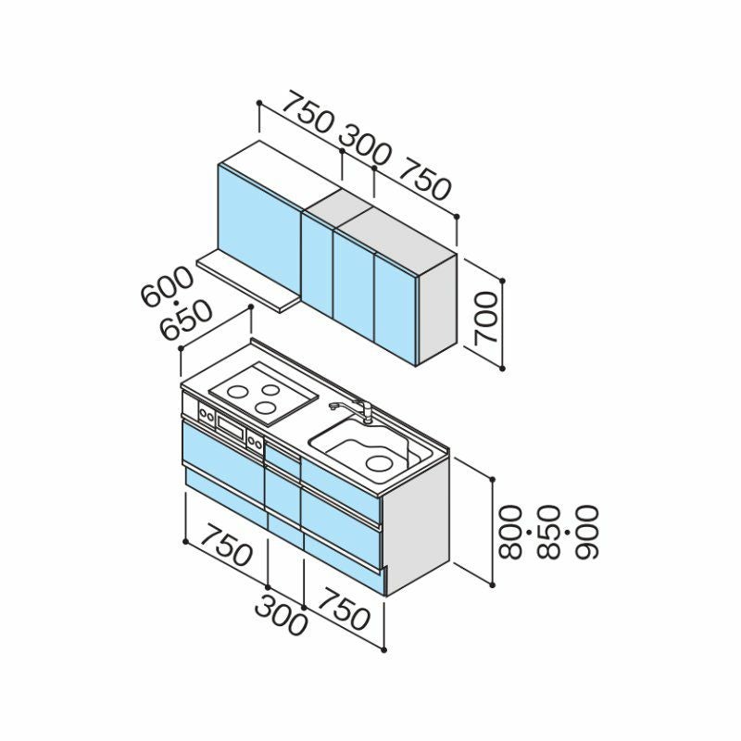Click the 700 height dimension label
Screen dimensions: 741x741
(x=486, y=318)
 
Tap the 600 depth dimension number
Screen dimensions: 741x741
(x=168, y=287)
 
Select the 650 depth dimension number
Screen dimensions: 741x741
(x=186, y=320)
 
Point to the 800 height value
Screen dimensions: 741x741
(x=509, y=532)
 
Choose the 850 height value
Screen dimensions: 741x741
(x=548, y=532)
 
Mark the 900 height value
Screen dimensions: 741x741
(x=586, y=532)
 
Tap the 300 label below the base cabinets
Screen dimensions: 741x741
(x=281, y=615)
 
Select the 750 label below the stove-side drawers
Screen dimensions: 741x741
(x=226, y=546)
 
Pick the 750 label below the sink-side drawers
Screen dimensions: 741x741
(x=344, y=610)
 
